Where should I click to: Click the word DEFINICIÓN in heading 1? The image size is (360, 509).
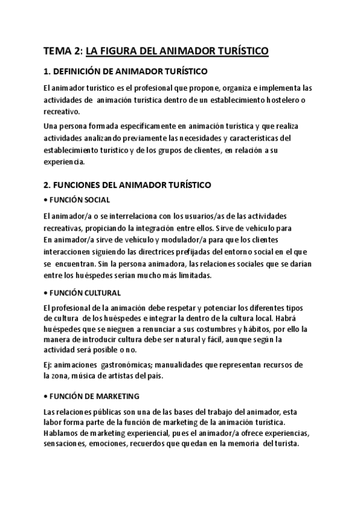coord(84,71)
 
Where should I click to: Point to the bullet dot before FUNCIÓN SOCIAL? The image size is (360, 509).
coord(46,199)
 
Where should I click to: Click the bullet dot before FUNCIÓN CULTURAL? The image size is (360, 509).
coord(46,293)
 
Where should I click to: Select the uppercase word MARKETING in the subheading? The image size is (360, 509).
coord(120,396)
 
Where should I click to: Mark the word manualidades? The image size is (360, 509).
coord(191,365)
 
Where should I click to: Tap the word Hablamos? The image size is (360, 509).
coord(62,432)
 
